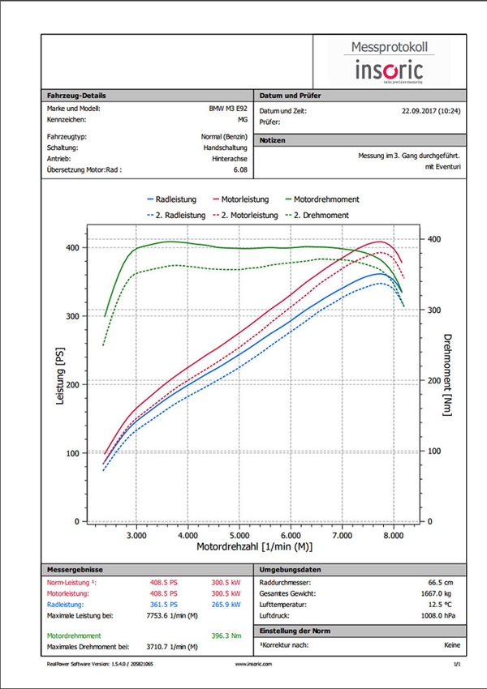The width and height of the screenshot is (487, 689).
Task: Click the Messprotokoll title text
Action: [390, 48]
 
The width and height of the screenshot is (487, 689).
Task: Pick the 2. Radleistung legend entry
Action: [181, 215]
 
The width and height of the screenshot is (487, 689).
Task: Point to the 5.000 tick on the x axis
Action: [239, 536]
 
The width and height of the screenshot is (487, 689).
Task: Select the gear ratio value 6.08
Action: [240, 171]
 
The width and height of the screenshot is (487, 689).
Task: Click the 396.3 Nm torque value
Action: [230, 636]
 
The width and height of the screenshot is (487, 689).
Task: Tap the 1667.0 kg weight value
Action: [445, 593]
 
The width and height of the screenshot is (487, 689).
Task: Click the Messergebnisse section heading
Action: [74, 570]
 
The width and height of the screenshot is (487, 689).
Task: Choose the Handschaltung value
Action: [226, 148]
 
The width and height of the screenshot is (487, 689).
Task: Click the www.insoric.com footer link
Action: [252, 662]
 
